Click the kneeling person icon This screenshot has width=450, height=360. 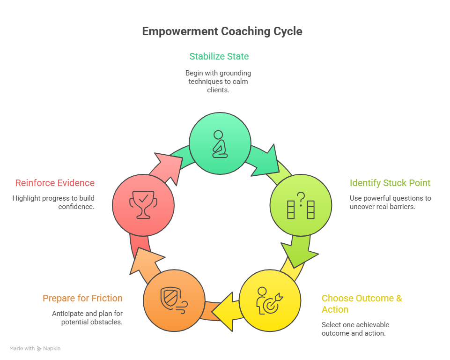point(219,144)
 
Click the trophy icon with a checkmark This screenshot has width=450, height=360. point(142,204)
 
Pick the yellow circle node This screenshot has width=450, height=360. point(270,300)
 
